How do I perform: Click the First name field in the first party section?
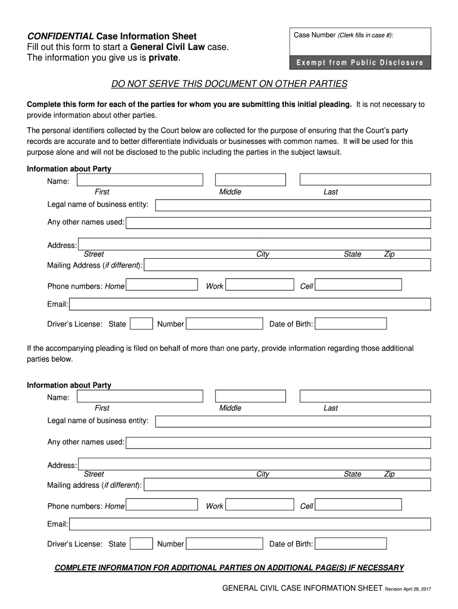[x=139, y=180]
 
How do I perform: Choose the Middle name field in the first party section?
[x=250, y=180]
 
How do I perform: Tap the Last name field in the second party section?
[x=365, y=396]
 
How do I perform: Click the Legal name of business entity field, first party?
[x=293, y=205]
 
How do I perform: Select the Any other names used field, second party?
[x=278, y=442]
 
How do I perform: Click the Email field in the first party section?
[x=250, y=304]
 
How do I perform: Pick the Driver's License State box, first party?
[x=141, y=324]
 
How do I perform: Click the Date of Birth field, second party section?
[x=350, y=544]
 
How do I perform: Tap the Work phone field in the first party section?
[x=260, y=286]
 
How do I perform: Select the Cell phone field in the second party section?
[x=358, y=506]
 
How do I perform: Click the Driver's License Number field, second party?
[x=224, y=544]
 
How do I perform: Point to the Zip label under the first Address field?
[x=389, y=255]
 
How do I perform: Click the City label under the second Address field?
[x=262, y=474]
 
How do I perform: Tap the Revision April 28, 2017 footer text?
[x=407, y=589]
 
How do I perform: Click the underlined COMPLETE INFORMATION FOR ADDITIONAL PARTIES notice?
[x=229, y=567]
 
